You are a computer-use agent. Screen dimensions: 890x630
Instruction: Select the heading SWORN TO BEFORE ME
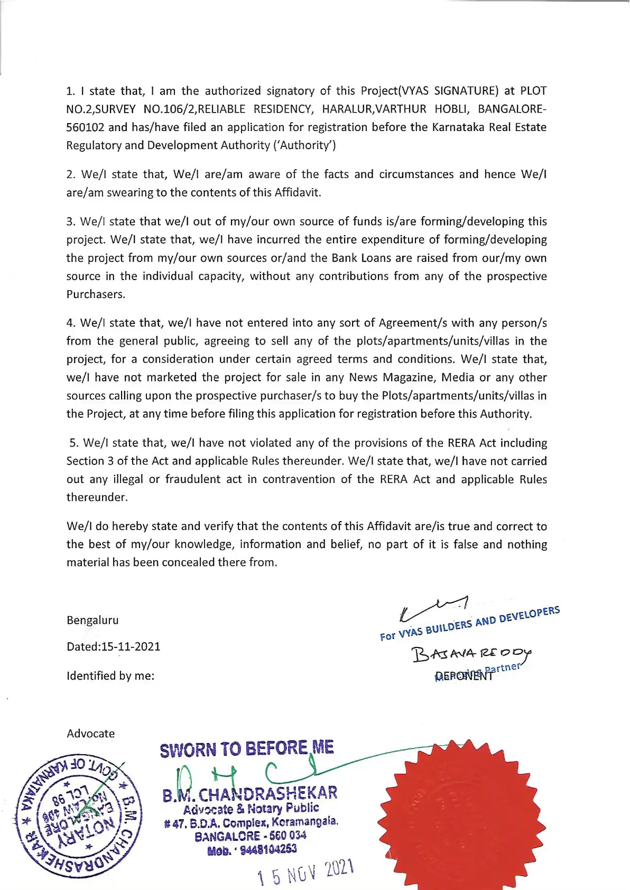pos(247,749)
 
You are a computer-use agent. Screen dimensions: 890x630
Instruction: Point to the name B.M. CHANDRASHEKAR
pos(250,794)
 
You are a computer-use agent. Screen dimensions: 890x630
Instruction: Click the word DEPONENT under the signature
pos(464,675)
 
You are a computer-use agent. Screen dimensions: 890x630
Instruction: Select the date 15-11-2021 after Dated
pos(131,646)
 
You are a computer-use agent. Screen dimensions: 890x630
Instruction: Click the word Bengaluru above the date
pos(92,620)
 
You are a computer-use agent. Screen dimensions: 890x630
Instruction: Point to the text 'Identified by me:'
pos(110,675)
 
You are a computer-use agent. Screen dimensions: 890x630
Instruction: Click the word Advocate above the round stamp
pos(90,733)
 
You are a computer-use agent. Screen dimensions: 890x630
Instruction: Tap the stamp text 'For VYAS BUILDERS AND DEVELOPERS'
pos(469,624)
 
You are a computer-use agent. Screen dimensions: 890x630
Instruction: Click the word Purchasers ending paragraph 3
pos(96,294)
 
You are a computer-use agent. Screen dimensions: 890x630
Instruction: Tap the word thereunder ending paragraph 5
pos(97,497)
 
